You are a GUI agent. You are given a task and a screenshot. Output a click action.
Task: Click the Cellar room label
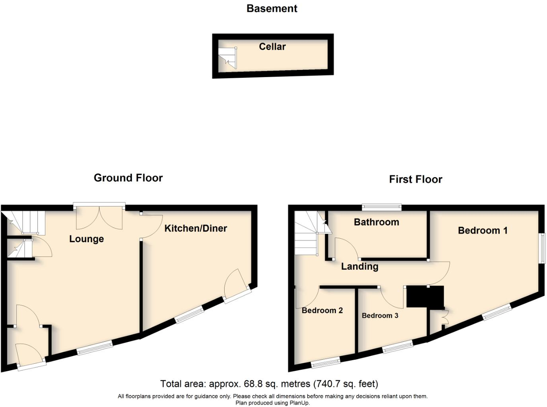click(272, 46)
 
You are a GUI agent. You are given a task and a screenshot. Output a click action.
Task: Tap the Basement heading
click(272, 8)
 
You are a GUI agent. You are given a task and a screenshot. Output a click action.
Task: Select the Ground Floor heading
click(128, 177)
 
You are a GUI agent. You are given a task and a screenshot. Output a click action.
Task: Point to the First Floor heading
click(415, 179)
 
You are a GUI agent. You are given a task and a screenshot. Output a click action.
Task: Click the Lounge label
click(86, 239)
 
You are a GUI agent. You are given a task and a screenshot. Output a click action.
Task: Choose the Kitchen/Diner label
click(196, 228)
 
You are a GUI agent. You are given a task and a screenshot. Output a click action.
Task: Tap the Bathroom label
click(376, 222)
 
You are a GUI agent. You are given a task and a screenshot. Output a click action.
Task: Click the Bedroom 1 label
click(483, 230)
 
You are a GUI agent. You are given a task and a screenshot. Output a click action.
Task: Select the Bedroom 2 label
click(322, 310)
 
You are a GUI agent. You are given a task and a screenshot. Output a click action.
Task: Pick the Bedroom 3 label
click(380, 315)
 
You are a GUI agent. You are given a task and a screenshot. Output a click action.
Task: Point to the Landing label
click(359, 266)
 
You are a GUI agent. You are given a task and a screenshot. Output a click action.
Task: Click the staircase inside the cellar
click(228, 58)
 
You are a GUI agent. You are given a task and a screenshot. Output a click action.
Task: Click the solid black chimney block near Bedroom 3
click(425, 297)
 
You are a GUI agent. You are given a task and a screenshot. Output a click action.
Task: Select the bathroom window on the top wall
click(382, 206)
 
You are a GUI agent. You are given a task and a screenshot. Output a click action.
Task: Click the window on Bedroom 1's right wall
click(542, 247)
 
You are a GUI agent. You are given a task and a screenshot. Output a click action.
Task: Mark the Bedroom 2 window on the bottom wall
click(326, 361)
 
